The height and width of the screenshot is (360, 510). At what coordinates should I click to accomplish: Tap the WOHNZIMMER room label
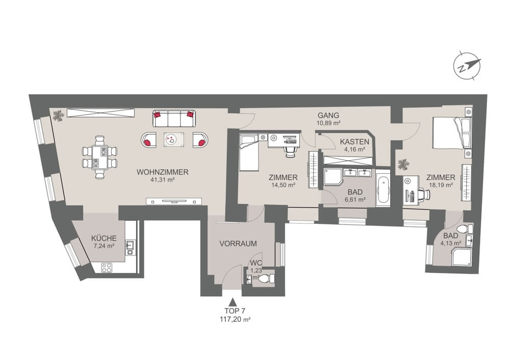click(163, 172)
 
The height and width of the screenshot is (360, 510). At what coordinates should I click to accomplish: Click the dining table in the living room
click(99, 157)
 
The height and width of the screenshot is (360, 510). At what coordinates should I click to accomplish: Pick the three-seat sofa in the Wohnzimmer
click(174, 119)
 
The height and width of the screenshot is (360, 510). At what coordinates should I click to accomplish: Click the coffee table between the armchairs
click(174, 139)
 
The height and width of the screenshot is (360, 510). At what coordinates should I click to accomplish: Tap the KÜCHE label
click(104, 238)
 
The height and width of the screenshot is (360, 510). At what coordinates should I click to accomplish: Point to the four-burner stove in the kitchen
click(108, 267)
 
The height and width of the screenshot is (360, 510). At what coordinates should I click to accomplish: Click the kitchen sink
click(130, 246)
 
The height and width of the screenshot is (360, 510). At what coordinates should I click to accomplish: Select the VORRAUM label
click(238, 244)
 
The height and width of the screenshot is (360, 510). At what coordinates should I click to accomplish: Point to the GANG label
click(328, 115)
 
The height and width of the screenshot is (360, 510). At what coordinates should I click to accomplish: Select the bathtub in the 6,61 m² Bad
click(382, 191)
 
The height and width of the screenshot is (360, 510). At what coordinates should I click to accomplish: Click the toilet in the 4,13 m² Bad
click(464, 230)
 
